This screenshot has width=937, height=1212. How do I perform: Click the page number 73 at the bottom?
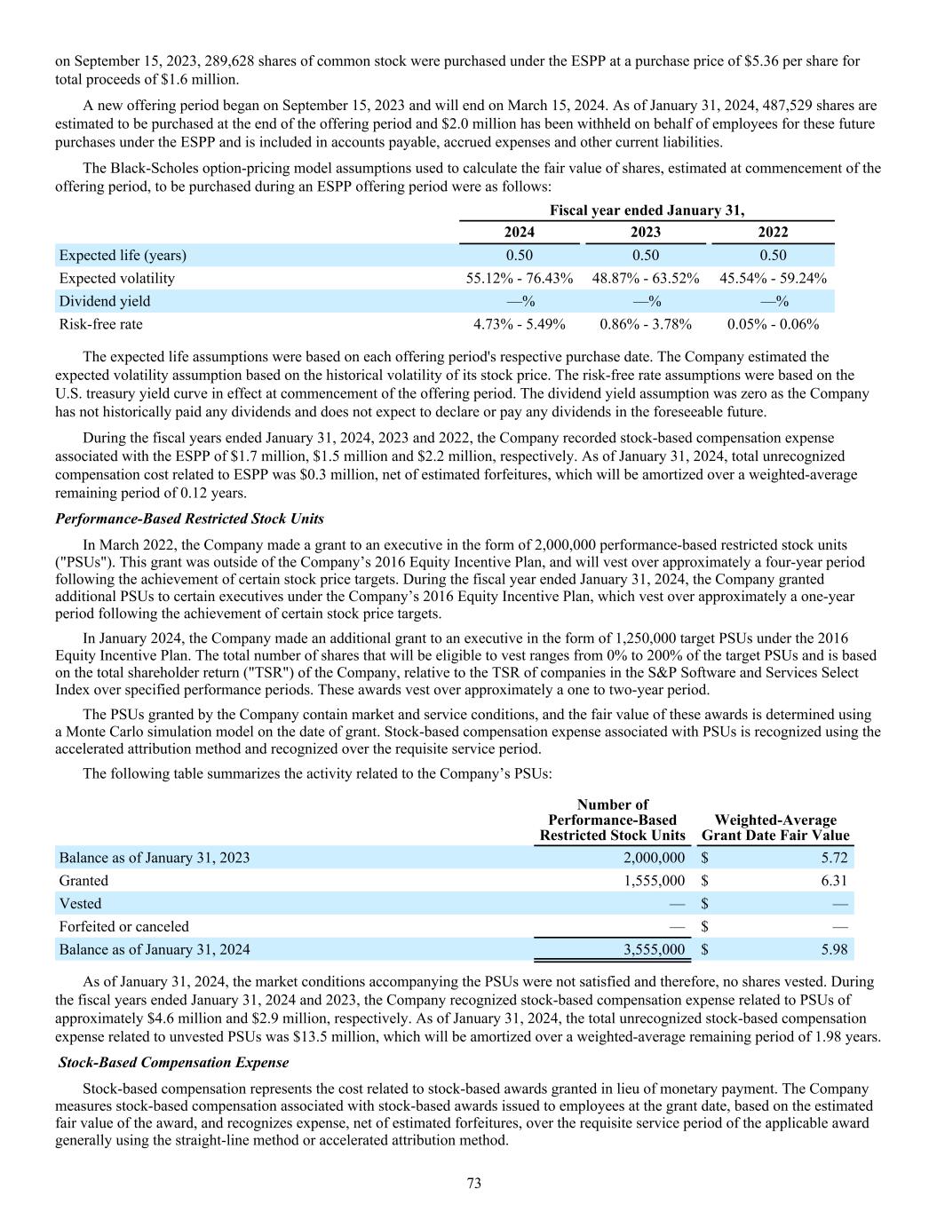click(x=473, y=1183)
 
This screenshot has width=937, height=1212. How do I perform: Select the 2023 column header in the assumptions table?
click(x=645, y=233)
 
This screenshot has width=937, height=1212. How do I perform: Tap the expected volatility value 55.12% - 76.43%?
click(x=520, y=279)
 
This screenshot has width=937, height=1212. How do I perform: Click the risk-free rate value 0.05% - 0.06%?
click(x=773, y=324)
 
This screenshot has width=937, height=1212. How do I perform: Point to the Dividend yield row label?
click(x=105, y=302)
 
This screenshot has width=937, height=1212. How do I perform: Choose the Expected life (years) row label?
click(x=123, y=256)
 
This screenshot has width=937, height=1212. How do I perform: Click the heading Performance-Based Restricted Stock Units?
click(x=189, y=519)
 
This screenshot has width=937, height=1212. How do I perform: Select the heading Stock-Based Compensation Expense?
click(x=173, y=1062)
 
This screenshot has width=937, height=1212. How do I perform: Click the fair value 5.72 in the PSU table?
click(x=834, y=858)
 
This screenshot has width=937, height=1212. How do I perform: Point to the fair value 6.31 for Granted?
click(x=834, y=881)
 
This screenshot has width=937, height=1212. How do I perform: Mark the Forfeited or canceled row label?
click(x=123, y=927)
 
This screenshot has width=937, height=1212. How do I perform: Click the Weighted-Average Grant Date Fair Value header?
click(x=775, y=828)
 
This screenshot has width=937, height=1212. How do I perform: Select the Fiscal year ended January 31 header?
click(x=647, y=210)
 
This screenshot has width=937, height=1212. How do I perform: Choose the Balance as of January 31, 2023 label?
click(x=154, y=858)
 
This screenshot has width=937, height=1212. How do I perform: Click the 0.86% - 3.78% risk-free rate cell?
click(x=646, y=324)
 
